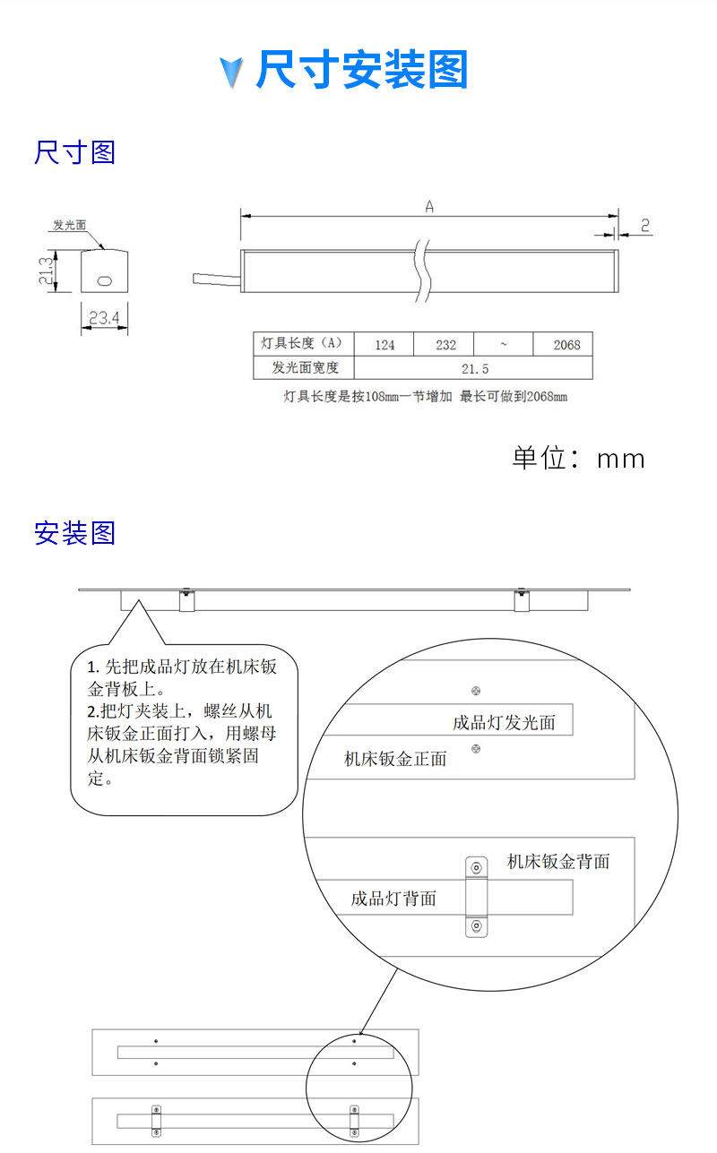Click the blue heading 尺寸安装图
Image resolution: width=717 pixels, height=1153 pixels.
pyautogui.click(x=362, y=71)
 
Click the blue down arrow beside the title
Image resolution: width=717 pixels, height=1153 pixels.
pyautogui.click(x=232, y=72)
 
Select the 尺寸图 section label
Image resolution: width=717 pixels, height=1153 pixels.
pyautogui.click(x=75, y=152)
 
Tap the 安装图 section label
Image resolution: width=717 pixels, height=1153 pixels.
pyautogui.click(x=75, y=533)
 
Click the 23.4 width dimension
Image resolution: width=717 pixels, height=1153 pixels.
pyautogui.click(x=104, y=316)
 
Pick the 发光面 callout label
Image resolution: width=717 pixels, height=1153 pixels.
pyautogui.click(x=70, y=225)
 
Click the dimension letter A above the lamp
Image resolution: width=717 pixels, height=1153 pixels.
pyautogui.click(x=429, y=207)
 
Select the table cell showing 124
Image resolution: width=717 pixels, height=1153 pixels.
pyautogui.click(x=385, y=345)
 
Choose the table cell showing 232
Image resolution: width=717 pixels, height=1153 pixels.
pyautogui.click(x=445, y=345)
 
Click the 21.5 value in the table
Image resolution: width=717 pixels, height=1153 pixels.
pyautogui.click(x=474, y=368)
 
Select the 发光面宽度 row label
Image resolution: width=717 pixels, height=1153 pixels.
pyautogui.click(x=306, y=368)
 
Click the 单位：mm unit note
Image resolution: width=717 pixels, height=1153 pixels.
pyautogui.click(x=578, y=458)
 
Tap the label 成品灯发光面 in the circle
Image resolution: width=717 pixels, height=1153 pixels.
pyautogui.click(x=504, y=722)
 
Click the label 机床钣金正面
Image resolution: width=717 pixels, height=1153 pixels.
pyautogui.click(x=395, y=759)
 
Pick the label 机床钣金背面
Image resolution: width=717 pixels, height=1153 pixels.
pyautogui.click(x=558, y=862)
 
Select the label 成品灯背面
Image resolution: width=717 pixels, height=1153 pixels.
pyautogui.click(x=393, y=898)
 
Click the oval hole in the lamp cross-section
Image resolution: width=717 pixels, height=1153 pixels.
pyautogui.click(x=105, y=280)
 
